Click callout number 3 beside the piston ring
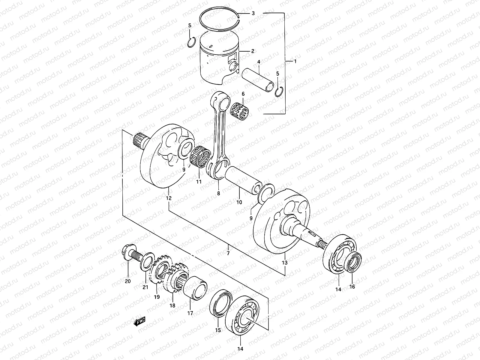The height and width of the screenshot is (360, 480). coord(253,13)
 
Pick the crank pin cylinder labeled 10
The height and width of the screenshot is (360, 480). coord(243,180)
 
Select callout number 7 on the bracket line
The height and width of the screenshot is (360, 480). coord(228,254)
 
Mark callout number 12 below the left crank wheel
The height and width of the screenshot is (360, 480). coord(168,198)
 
